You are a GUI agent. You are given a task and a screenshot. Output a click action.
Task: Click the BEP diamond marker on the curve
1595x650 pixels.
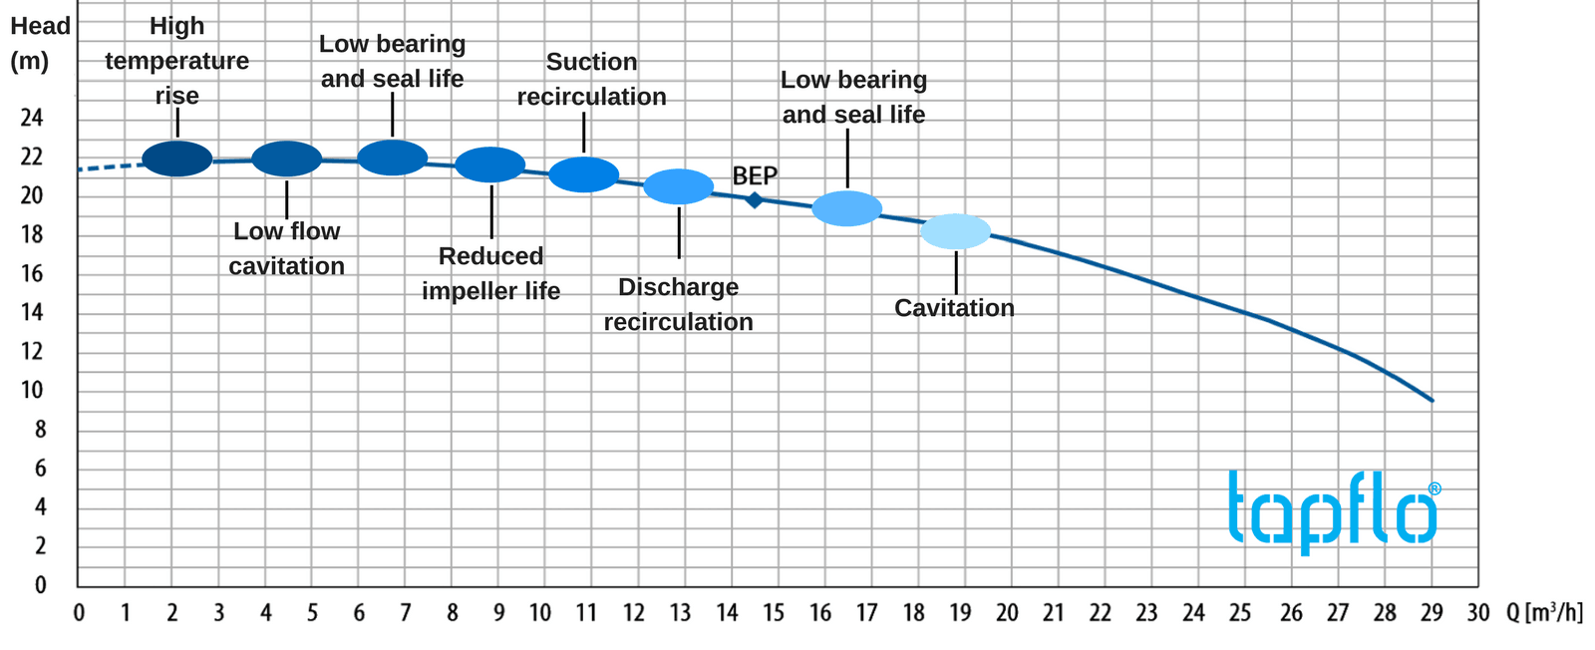755,200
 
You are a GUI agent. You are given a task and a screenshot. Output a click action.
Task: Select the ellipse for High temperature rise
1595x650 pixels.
177,159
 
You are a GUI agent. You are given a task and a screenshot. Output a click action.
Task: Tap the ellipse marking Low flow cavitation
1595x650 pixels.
287,159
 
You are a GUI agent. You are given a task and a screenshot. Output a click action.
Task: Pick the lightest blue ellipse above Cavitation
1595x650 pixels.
955,231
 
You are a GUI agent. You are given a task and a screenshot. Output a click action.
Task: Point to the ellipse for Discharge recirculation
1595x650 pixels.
679,186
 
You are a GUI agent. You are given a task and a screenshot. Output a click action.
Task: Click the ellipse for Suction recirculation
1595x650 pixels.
584,174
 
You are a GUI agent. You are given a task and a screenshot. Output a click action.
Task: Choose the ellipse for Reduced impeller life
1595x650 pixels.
490,164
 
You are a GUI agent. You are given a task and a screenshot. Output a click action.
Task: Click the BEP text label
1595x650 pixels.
755,176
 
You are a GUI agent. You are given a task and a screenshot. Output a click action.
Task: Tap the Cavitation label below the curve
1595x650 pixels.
954,308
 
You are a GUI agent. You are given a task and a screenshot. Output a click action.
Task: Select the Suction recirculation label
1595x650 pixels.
591,80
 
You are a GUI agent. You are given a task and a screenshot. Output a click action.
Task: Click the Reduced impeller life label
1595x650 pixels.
490,273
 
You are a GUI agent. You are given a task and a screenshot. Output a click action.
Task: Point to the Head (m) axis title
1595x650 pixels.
40,43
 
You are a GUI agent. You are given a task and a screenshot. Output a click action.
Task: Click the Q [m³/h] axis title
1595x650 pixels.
1544,612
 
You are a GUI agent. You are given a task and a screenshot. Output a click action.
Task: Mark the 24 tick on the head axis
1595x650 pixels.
32,118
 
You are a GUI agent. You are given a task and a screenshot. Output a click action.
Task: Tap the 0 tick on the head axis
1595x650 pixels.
41,585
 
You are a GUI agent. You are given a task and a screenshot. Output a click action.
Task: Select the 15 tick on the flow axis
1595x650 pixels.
774,613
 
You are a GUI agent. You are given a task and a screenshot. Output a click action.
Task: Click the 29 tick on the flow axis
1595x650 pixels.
1432,613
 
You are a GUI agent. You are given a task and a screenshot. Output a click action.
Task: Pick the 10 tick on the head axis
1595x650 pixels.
32,390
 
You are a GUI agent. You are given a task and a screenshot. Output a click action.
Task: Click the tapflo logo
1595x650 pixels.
1334,510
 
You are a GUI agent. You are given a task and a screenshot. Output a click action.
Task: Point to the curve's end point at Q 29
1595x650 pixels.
1432,400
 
